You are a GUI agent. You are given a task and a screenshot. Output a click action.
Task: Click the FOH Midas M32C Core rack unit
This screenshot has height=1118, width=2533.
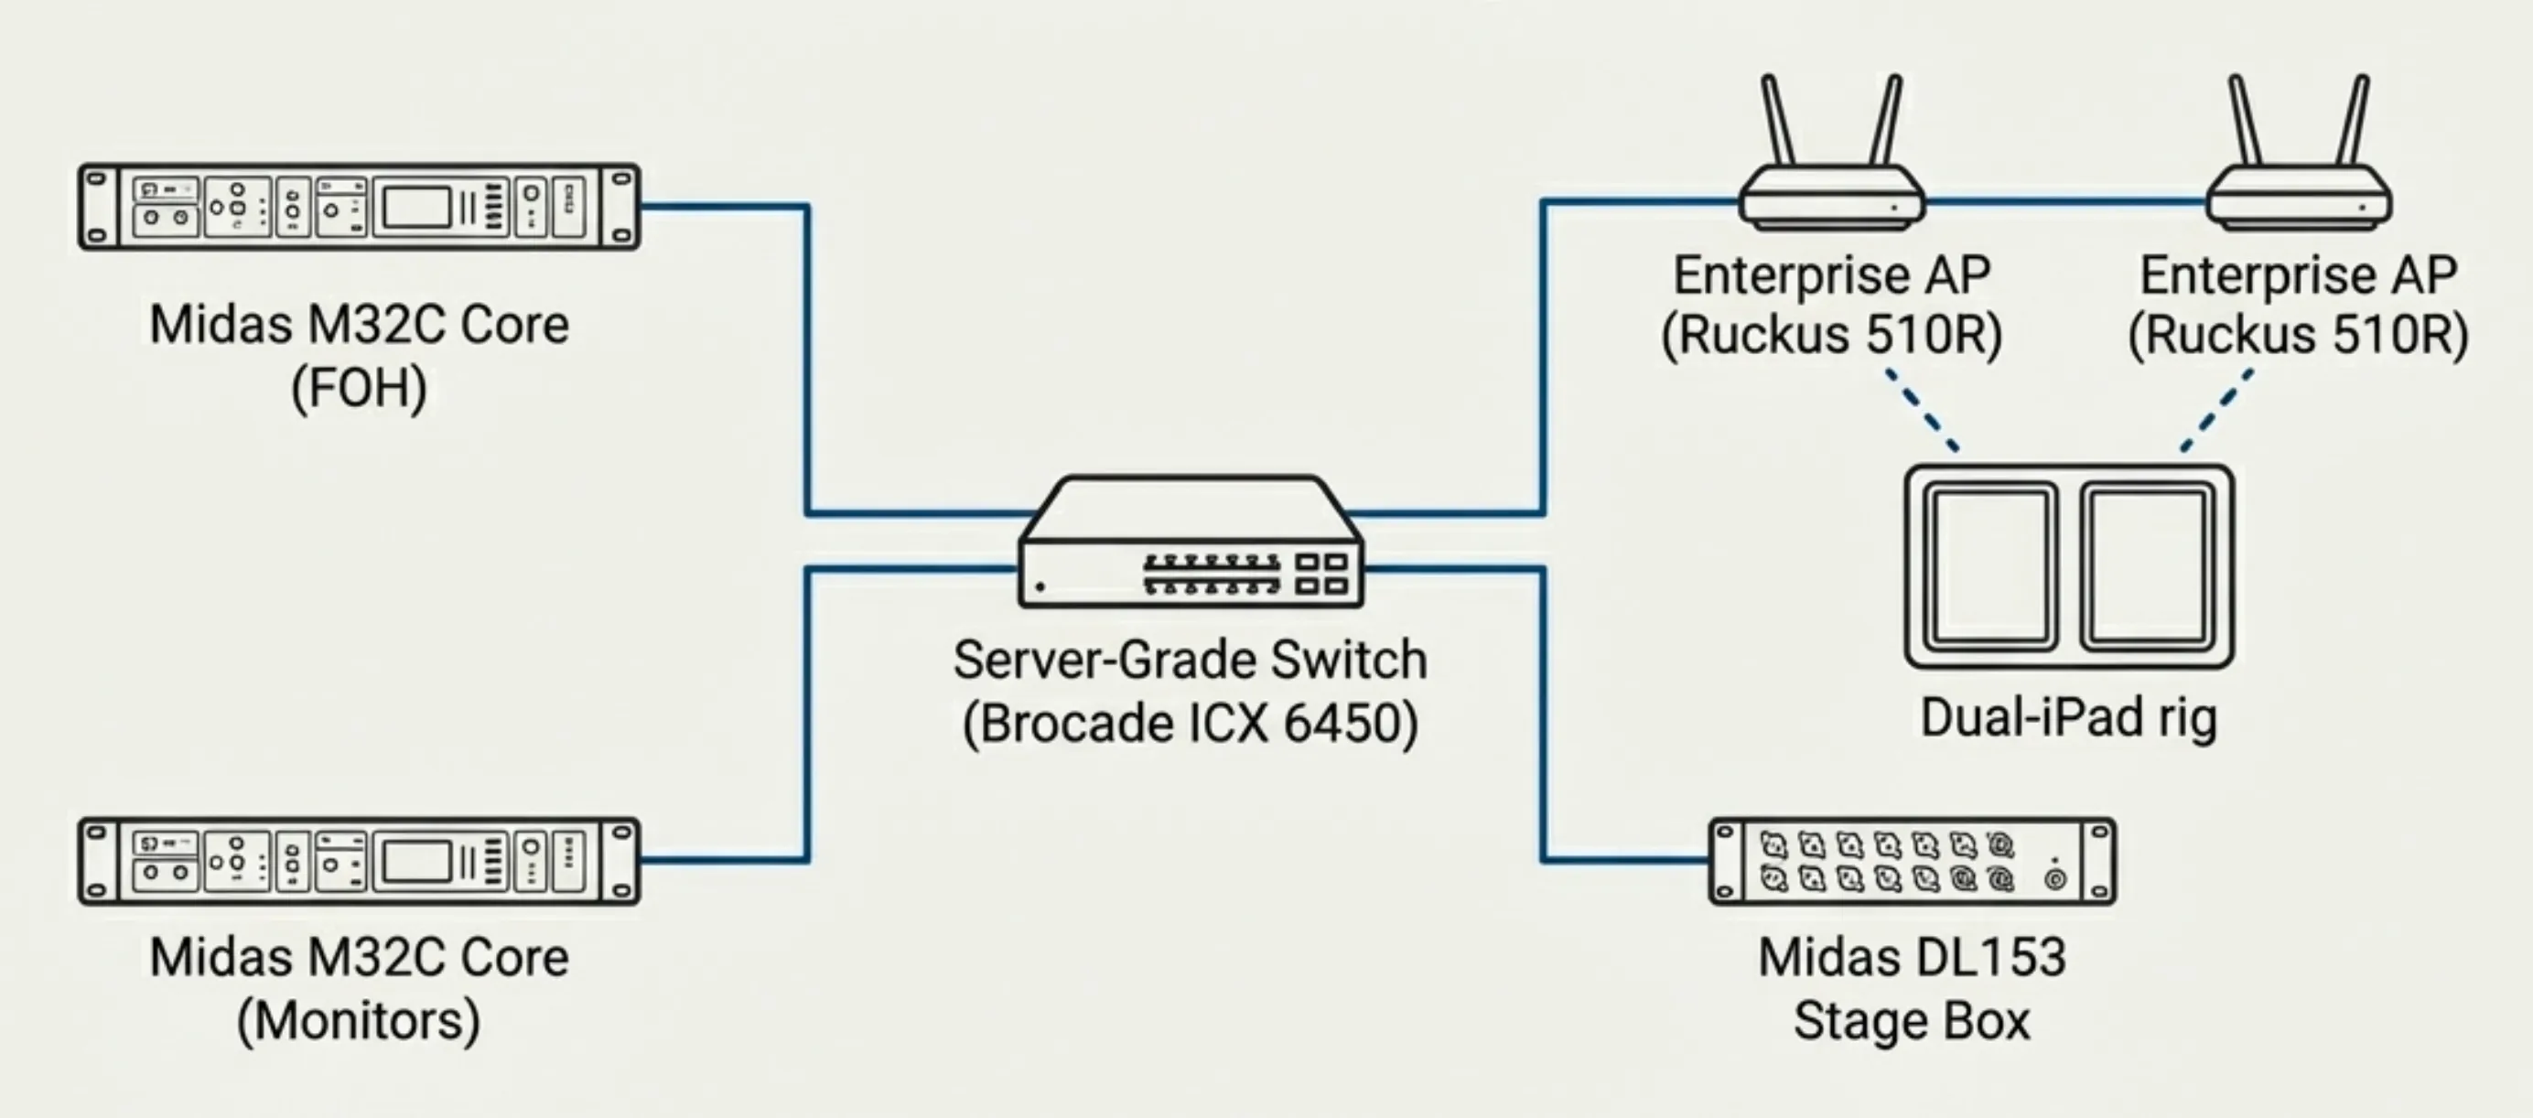pos(359,207)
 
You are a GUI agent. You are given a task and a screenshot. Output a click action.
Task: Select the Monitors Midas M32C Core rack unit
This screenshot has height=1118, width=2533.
pos(359,861)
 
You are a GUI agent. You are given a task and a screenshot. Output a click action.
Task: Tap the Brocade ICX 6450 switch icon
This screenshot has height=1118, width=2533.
pos(1191,545)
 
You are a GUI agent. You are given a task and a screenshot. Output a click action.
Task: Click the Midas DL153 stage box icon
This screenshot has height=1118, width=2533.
pos(1912,861)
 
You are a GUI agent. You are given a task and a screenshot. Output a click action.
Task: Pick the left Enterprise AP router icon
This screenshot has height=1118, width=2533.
pos(1831,197)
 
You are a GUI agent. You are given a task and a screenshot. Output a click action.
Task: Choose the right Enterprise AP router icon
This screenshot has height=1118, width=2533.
pos(2298,197)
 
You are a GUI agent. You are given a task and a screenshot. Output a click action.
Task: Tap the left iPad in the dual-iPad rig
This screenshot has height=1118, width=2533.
pos(1990,566)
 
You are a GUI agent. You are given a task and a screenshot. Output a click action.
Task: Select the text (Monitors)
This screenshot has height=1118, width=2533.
pos(359,1021)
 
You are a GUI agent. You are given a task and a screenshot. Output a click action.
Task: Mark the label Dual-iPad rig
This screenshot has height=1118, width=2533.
pos(2069,718)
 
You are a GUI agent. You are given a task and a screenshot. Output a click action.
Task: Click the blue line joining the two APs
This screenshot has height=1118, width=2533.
pos(2065,201)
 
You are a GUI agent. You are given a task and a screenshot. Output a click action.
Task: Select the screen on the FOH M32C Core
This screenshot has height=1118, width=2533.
pos(416,208)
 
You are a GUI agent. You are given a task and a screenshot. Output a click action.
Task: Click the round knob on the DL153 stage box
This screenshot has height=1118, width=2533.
pos(2055,879)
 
